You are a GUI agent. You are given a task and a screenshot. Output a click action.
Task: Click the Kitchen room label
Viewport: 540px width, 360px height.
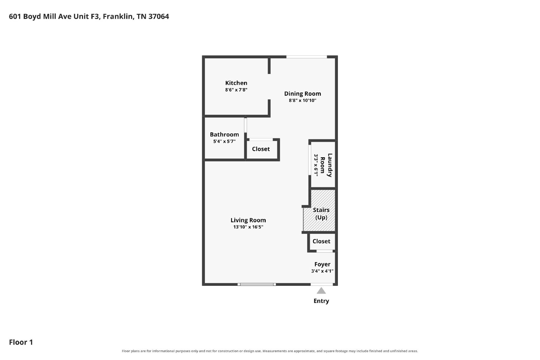(x=236, y=83)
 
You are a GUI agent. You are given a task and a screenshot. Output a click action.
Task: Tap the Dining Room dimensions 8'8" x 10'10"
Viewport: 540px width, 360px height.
(x=302, y=100)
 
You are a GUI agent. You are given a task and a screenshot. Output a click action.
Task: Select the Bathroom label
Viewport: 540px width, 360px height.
(x=224, y=135)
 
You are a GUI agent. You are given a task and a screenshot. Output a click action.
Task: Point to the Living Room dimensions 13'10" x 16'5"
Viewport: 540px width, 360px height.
(x=248, y=227)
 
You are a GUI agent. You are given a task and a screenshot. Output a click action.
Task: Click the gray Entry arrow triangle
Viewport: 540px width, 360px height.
(x=321, y=291)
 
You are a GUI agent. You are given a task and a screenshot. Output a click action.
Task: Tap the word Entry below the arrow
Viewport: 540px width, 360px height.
(x=321, y=301)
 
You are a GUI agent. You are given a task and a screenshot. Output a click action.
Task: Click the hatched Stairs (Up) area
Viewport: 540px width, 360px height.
(x=319, y=211)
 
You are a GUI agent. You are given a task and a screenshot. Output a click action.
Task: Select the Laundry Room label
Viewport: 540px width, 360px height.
(x=326, y=165)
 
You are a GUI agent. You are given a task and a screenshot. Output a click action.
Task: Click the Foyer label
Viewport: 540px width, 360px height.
(x=322, y=264)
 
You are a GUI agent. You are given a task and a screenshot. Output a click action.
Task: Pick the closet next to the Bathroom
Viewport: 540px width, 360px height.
(x=262, y=150)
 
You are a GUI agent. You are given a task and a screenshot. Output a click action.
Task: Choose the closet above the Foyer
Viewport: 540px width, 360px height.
(x=322, y=242)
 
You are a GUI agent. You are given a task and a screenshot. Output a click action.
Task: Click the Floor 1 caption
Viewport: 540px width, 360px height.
(x=21, y=342)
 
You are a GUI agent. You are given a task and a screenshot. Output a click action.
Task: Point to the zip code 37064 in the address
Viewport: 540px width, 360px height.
(x=159, y=17)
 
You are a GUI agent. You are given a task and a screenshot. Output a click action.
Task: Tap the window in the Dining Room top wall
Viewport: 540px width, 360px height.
(x=306, y=57)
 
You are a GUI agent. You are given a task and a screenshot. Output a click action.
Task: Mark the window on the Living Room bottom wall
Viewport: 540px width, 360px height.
(x=257, y=284)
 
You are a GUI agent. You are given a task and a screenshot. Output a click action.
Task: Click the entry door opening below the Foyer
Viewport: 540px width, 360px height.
(x=322, y=284)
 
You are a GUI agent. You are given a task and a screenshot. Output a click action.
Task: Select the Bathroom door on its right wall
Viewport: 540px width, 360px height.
(x=245, y=125)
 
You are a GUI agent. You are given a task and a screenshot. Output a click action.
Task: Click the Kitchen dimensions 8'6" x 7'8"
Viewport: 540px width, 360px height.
(x=236, y=90)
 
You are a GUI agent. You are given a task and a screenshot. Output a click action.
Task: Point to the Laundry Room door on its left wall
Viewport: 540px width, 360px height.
(x=310, y=160)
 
